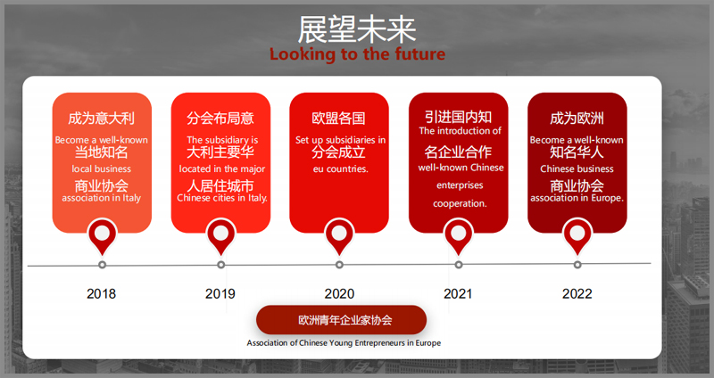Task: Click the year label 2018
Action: [x=101, y=294]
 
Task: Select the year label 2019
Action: [x=220, y=294]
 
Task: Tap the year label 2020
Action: [x=339, y=294]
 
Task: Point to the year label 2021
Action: [x=458, y=294]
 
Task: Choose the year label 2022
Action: [x=577, y=294]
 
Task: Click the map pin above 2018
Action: [x=102, y=236]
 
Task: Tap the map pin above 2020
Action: [x=339, y=236]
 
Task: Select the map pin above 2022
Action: [x=577, y=236]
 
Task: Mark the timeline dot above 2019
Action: [x=220, y=265]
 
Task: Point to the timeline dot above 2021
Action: [x=459, y=265]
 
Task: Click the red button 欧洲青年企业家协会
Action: [x=342, y=320]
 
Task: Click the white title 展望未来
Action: [x=356, y=29]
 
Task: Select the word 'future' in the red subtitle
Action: [x=420, y=54]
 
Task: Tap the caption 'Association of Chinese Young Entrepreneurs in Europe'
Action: [x=344, y=343]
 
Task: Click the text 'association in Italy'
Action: [x=102, y=198]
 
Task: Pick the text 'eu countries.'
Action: [x=341, y=168]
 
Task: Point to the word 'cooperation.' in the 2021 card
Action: [x=460, y=204]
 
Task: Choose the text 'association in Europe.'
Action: [x=577, y=198]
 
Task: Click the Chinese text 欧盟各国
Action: [x=339, y=119]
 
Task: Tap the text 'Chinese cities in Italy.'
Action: [x=222, y=198]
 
